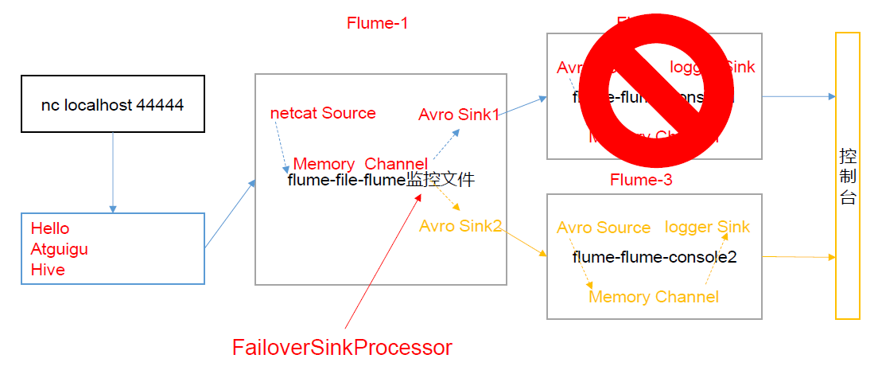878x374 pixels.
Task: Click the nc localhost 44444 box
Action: pyautogui.click(x=112, y=104)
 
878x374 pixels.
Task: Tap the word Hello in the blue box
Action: pyautogui.click(x=50, y=228)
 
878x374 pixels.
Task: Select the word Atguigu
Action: pyautogui.click(x=60, y=249)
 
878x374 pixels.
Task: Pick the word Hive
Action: pyautogui.click(x=48, y=270)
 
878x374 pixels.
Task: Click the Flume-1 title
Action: pyautogui.click(x=377, y=23)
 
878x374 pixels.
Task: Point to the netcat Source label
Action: pyautogui.click(x=323, y=113)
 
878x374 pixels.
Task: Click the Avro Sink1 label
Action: pyautogui.click(x=459, y=115)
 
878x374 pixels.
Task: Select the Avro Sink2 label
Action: pyautogui.click(x=460, y=226)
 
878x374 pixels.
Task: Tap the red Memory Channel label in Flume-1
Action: pyautogui.click(x=360, y=164)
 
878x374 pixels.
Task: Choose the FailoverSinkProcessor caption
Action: pyautogui.click(x=342, y=347)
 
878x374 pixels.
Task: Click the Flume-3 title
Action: pyautogui.click(x=641, y=180)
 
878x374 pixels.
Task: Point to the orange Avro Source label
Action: pyautogui.click(x=604, y=228)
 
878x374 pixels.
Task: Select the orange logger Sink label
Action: pyautogui.click(x=707, y=227)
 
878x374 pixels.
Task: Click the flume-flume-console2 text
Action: pyautogui.click(x=655, y=257)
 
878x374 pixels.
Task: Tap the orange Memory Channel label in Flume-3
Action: pyautogui.click(x=653, y=297)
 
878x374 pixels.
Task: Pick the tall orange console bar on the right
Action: pyautogui.click(x=848, y=175)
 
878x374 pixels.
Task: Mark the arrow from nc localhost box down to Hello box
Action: pyautogui.click(x=112, y=172)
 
